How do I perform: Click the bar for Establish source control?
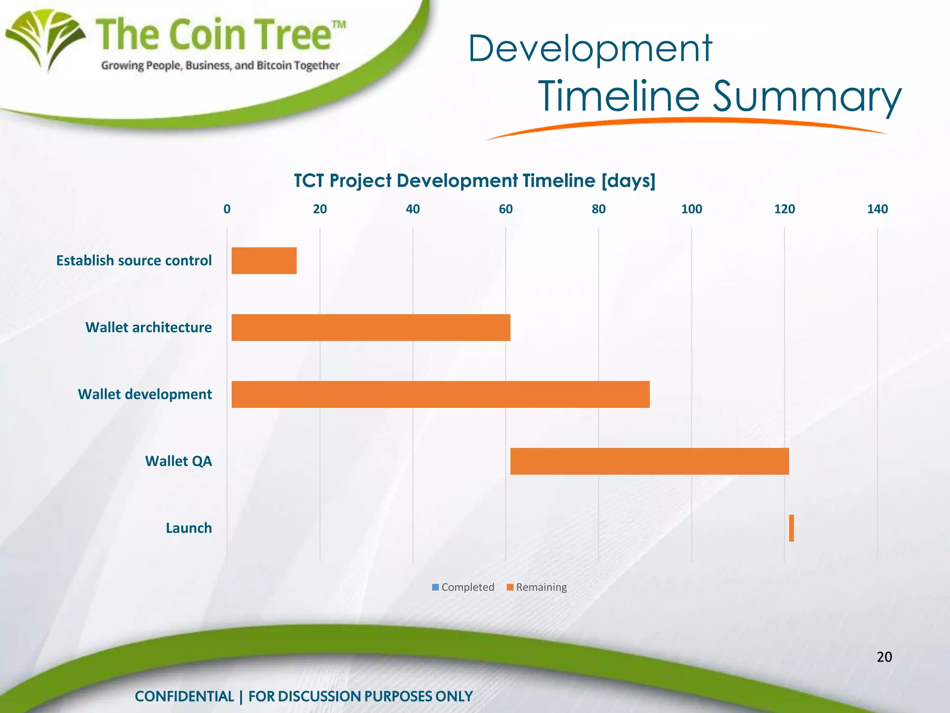click(264, 260)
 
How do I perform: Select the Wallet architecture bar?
click(371, 327)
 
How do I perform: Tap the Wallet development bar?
click(440, 394)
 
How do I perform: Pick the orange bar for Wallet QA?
click(649, 461)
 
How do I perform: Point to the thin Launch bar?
click(791, 528)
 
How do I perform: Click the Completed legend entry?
click(463, 587)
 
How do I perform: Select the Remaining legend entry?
click(537, 587)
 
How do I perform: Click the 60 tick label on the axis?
click(506, 209)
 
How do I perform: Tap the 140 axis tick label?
click(877, 209)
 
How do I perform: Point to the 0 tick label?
click(227, 209)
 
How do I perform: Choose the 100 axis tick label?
click(691, 209)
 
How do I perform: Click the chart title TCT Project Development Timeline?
click(475, 181)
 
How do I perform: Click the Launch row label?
click(189, 528)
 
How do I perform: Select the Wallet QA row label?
click(179, 461)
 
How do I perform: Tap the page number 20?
click(884, 657)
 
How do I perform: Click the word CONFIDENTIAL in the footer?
click(184, 696)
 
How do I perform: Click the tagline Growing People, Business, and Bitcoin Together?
click(220, 65)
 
